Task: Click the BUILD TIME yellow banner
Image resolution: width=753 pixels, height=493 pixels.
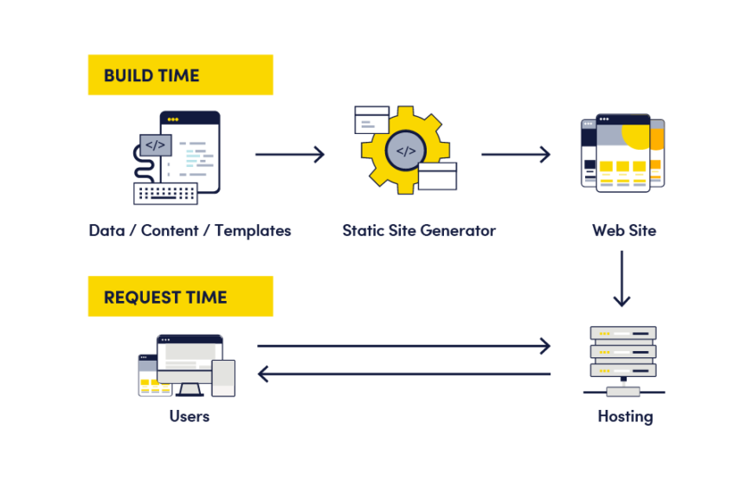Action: pyautogui.click(x=180, y=75)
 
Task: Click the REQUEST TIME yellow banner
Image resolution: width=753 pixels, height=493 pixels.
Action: pyautogui.click(x=180, y=297)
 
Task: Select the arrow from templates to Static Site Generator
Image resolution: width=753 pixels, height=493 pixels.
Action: pyautogui.click(x=290, y=155)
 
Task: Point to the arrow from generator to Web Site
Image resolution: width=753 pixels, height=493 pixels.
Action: pyautogui.click(x=516, y=155)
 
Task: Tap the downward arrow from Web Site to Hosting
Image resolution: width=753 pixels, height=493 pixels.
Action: pyautogui.click(x=621, y=279)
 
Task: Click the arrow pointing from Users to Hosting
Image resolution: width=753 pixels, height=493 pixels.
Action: pyautogui.click(x=403, y=346)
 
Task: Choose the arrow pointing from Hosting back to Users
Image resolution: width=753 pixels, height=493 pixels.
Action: pyautogui.click(x=403, y=374)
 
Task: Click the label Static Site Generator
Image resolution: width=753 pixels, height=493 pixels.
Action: pyautogui.click(x=418, y=231)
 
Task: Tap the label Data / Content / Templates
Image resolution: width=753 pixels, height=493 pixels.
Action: pyautogui.click(x=190, y=231)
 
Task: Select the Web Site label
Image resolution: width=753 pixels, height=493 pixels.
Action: pyautogui.click(x=624, y=231)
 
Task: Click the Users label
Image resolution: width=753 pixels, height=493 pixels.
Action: pyautogui.click(x=190, y=417)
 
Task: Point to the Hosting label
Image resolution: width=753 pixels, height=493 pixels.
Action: pyautogui.click(x=625, y=417)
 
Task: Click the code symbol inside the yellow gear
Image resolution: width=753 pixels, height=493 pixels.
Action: pyautogui.click(x=406, y=151)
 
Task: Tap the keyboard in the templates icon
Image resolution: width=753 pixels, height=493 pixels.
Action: pyautogui.click(x=165, y=193)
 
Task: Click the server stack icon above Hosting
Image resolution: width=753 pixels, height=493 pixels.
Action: pyautogui.click(x=623, y=350)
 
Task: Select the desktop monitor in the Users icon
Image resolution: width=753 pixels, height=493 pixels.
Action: pyautogui.click(x=189, y=356)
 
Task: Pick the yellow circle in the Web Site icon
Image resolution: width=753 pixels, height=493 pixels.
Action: pyautogui.click(x=637, y=134)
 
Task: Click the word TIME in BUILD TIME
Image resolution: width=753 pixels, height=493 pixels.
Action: pyautogui.click(x=178, y=75)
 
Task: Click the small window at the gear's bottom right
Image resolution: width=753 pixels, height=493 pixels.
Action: pyautogui.click(x=437, y=176)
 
